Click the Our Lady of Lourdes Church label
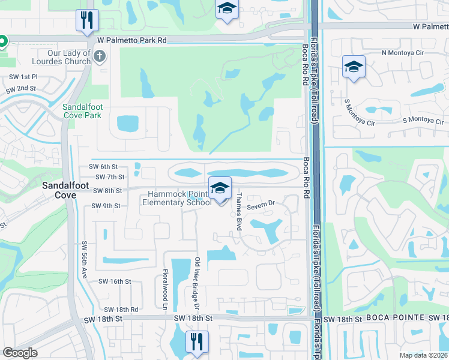(x=68, y=57)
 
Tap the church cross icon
(x=100, y=57)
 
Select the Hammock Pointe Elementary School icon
(x=220, y=189)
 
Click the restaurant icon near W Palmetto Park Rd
(x=87, y=20)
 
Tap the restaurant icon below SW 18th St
(x=197, y=341)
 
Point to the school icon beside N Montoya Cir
(x=354, y=67)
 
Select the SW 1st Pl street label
(x=23, y=77)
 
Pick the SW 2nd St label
(x=21, y=89)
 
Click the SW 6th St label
(x=103, y=166)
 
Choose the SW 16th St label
(x=114, y=281)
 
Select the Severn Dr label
(x=261, y=204)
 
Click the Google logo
(x=20, y=353)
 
